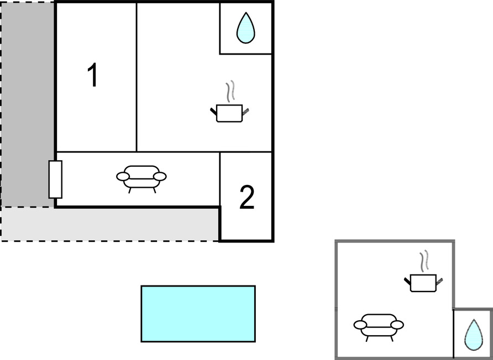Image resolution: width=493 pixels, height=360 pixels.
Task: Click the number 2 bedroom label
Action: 247,197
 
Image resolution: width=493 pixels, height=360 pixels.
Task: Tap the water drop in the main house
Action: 245,28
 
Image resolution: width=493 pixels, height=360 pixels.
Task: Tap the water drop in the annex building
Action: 474,335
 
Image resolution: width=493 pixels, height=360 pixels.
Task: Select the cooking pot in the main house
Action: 229,113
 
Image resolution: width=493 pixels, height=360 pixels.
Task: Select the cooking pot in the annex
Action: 423,283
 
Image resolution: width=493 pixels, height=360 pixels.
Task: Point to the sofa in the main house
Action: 141,179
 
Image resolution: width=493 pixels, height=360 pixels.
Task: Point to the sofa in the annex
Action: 379,327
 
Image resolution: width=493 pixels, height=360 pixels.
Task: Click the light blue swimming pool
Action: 198,314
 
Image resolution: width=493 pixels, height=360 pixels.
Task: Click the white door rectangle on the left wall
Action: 55,179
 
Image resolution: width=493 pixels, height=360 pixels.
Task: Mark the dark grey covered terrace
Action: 28,104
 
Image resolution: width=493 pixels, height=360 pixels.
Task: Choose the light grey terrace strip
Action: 110,224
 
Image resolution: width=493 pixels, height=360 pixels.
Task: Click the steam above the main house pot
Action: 230,91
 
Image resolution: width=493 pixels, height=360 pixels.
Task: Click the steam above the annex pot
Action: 424,261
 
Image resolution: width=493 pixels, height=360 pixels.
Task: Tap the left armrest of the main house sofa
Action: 123,177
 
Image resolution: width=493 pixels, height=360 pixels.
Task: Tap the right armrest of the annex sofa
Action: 397,325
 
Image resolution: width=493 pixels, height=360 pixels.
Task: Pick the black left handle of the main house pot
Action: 213,111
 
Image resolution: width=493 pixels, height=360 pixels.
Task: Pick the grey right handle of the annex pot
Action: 439,281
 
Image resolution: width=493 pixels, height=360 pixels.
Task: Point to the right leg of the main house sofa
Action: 154,190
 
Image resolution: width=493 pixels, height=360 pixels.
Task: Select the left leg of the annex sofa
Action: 367,339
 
